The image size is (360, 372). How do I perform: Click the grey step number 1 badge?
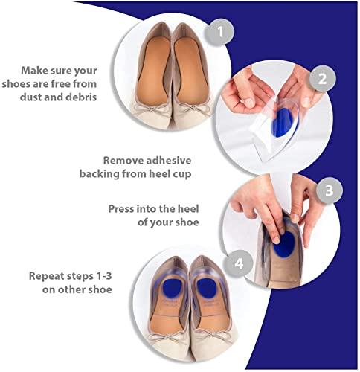click(x=219, y=32)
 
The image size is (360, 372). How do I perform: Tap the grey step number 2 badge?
click(x=322, y=79)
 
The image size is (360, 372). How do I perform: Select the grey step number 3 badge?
click(x=330, y=190)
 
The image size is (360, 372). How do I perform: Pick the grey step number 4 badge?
click(x=239, y=263)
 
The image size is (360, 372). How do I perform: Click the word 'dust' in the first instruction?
click(x=31, y=97)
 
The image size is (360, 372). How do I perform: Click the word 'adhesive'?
click(x=169, y=161)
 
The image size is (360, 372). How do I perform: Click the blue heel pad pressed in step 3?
click(x=286, y=245)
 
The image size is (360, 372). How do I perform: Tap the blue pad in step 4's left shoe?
click(x=172, y=288)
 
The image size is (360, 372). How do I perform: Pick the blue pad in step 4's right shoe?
click(x=208, y=289)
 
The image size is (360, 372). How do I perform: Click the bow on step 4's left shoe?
click(x=166, y=338)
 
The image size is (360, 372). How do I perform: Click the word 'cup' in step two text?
click(x=182, y=175)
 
